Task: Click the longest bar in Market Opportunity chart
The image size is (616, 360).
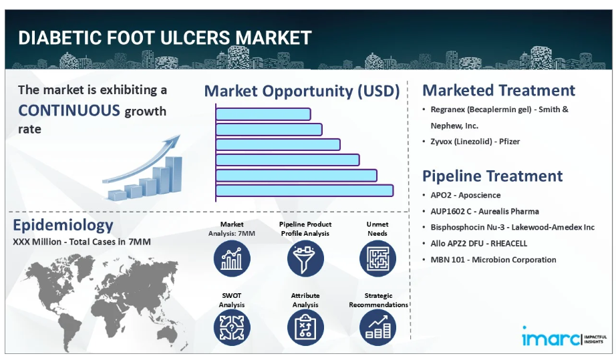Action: point(305,191)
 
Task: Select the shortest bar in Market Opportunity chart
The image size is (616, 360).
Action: point(263,114)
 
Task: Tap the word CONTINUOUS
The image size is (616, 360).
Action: point(69,110)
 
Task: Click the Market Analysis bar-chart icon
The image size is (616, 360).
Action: point(232,258)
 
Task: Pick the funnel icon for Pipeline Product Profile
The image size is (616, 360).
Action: point(305,258)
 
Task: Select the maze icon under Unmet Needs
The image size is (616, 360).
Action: point(377,258)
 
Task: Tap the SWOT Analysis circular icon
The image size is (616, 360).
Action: point(232,327)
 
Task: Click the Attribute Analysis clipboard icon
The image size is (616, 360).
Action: point(305,327)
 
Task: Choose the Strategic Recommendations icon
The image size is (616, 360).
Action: point(377,327)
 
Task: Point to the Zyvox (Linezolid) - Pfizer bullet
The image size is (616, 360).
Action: point(475,142)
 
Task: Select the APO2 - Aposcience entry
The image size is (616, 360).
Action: point(466,195)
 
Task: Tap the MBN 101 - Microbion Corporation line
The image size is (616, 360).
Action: point(493,260)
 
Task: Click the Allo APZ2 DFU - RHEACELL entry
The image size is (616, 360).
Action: point(478,243)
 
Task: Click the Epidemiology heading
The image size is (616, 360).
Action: point(63,225)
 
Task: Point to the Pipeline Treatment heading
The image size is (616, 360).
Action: point(492,176)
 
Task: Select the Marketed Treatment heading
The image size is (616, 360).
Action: point(498,90)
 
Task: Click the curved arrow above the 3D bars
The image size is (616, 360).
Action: point(142,159)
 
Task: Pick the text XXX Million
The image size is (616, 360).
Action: point(37,242)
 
